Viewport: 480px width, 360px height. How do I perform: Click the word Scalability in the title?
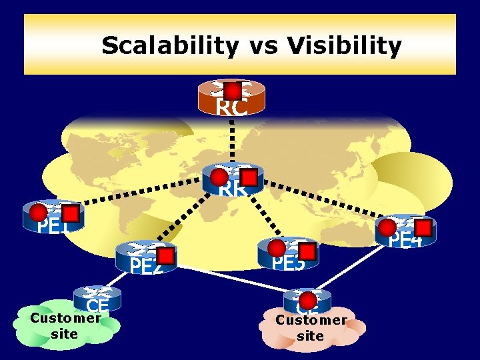tap(170, 46)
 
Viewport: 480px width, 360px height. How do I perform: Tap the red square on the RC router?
tap(232, 90)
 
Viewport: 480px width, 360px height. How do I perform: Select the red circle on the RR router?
tap(219, 176)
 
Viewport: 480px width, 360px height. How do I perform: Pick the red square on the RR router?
tap(248, 177)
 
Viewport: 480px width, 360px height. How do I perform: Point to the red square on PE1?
tap(70, 213)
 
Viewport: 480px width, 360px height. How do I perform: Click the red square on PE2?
tap(165, 256)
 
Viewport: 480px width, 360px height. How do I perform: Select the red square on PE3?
tap(307, 251)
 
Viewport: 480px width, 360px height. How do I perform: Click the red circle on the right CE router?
tap(307, 297)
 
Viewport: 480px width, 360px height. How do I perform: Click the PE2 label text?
tap(146, 267)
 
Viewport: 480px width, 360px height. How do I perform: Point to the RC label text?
tap(231, 107)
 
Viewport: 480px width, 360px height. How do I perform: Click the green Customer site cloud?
tap(65, 327)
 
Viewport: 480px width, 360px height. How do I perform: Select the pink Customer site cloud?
tap(311, 329)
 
